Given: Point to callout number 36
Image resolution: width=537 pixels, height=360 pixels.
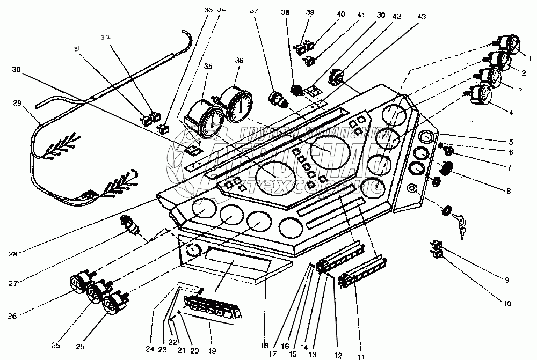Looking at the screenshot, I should click(239, 61).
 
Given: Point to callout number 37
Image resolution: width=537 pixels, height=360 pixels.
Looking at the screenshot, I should click(253, 11).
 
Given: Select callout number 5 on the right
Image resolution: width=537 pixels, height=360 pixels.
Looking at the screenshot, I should click(511, 142).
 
